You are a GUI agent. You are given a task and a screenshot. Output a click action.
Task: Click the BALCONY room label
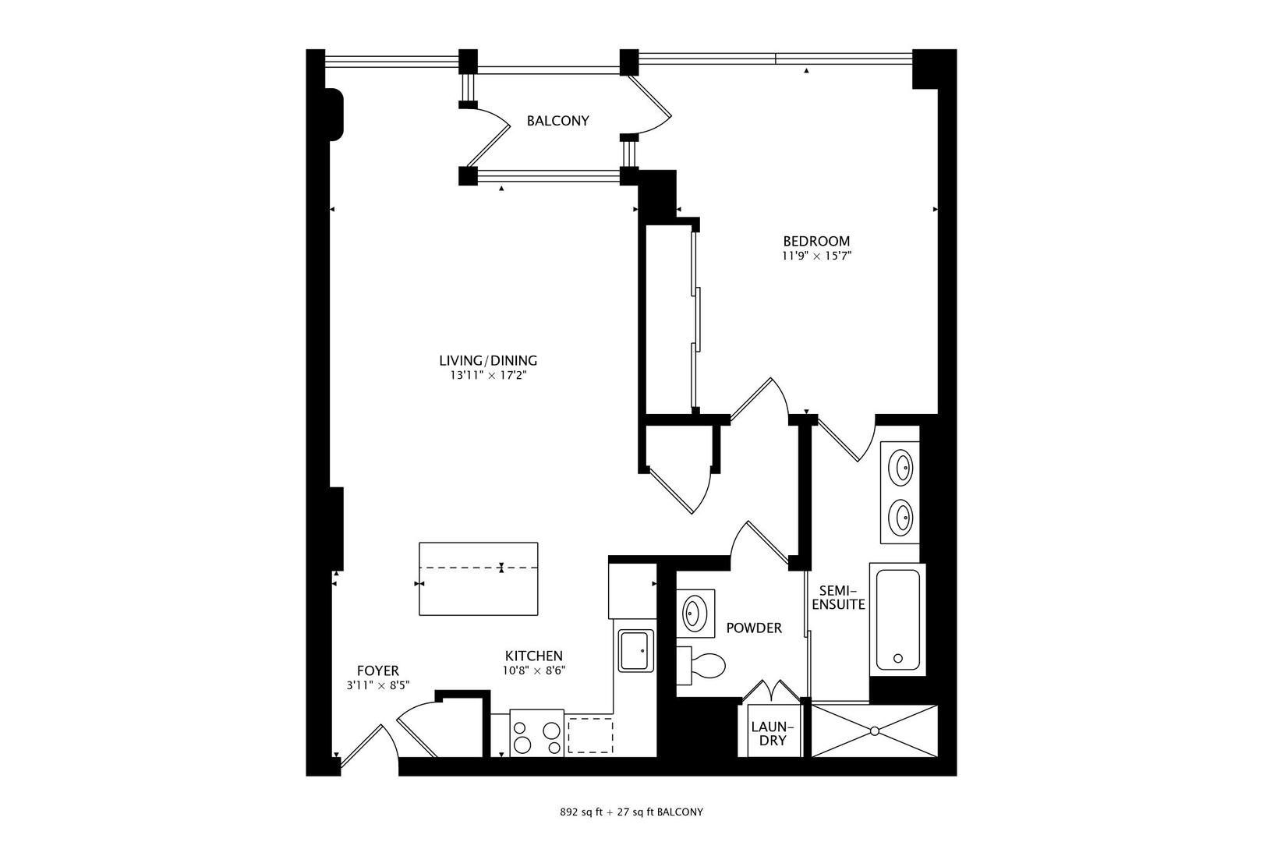[x=557, y=121]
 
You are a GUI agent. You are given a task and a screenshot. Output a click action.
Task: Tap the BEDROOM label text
[x=815, y=242]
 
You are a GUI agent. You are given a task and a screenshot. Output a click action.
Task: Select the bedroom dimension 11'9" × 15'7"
[x=815, y=256]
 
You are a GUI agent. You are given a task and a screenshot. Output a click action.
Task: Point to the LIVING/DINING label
[x=488, y=360]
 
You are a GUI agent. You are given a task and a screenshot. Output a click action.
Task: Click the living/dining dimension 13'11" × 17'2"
[x=488, y=375]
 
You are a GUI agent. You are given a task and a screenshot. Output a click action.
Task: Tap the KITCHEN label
[x=533, y=656]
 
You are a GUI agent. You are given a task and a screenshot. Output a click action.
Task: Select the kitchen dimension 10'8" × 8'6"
[x=533, y=670]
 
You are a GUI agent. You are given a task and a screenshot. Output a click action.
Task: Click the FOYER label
[x=378, y=670]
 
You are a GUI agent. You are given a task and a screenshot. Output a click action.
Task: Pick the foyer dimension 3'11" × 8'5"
[x=378, y=685]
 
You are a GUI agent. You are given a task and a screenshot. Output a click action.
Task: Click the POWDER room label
[x=754, y=628]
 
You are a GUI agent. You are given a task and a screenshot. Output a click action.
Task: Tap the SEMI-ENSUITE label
[x=838, y=597]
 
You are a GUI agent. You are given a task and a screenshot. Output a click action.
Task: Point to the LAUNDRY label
[x=772, y=734]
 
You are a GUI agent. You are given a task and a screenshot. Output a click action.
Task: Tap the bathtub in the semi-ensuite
[x=897, y=619]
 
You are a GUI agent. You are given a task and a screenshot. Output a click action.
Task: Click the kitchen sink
[x=636, y=651]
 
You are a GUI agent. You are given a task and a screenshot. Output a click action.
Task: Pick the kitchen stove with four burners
[x=536, y=733]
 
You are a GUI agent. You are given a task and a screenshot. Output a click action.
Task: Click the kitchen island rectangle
[x=478, y=578]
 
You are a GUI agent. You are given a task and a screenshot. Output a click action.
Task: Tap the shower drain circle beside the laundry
[x=875, y=731]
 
